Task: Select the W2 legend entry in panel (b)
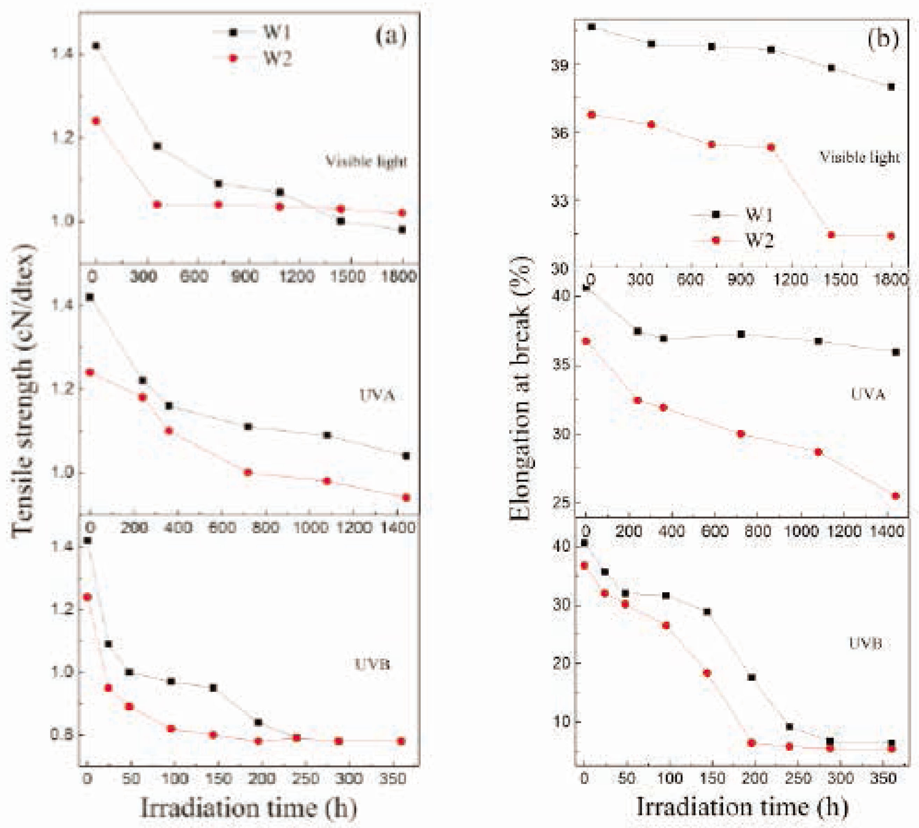tap(759, 240)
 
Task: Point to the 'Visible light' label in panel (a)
tap(366, 161)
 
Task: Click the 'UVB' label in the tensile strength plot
tap(372, 664)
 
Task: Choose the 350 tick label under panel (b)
tap(883, 778)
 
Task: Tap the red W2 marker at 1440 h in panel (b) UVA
tap(895, 496)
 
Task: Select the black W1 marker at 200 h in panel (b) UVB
tap(751, 677)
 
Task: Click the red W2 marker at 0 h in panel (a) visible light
tap(95, 121)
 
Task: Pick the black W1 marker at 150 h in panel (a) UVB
tap(213, 688)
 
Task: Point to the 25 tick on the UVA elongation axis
tap(561, 502)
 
